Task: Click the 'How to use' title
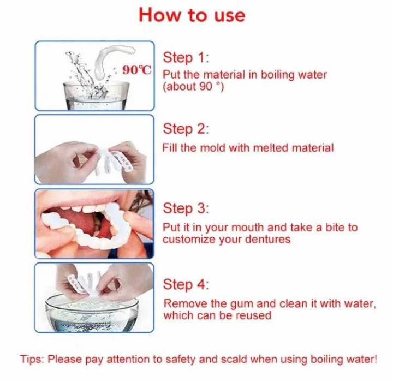point(192,15)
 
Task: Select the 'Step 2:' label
point(186,129)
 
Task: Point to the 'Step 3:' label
point(186,208)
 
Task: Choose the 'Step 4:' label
point(186,284)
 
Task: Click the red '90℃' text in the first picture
point(136,70)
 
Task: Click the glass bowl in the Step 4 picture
point(93,314)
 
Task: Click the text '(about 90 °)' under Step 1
point(193,87)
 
